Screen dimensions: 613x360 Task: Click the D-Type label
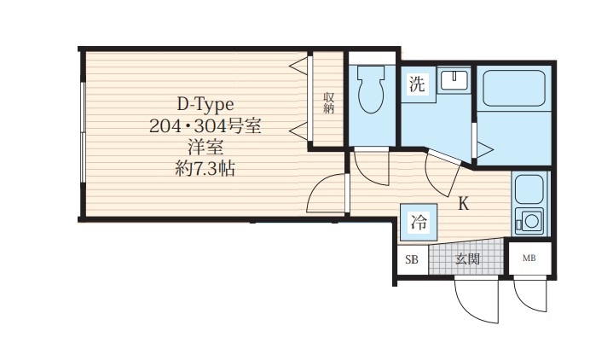point(205,104)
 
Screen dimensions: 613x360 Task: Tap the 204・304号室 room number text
point(205,126)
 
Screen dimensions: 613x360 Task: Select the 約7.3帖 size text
point(205,169)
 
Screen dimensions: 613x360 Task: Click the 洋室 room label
point(205,148)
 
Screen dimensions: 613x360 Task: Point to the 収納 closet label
point(328,103)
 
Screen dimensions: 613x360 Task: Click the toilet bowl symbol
point(371,89)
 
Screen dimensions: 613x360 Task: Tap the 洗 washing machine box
point(418,84)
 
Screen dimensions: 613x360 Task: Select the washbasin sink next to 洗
point(454,80)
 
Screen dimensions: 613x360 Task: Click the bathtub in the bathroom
point(514,88)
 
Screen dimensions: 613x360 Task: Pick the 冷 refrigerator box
point(419,223)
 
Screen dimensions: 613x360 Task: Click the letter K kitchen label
point(463,204)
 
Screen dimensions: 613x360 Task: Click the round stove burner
point(531,221)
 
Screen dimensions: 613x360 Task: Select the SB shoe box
point(413,259)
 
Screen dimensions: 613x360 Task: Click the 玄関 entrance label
point(467,258)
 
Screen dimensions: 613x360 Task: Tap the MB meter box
point(529,258)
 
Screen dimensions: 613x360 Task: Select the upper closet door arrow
point(298,66)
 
